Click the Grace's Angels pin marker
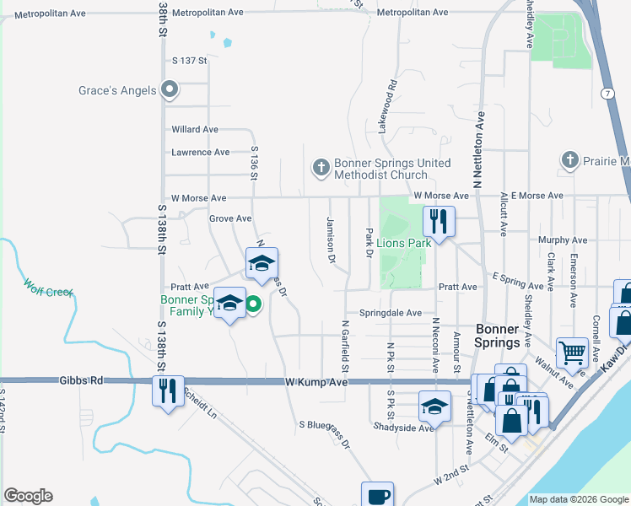[x=170, y=89]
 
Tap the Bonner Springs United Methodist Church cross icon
[x=321, y=169]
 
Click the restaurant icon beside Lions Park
[x=439, y=222]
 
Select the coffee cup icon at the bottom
[x=377, y=496]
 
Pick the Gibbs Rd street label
[x=81, y=381]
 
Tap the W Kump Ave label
[x=316, y=382]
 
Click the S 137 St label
[x=189, y=61]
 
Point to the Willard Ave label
[x=195, y=129]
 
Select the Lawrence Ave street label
[x=200, y=153]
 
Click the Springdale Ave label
[x=390, y=313]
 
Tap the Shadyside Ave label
[x=404, y=428]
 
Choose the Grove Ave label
[x=230, y=218]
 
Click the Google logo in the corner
[x=28, y=496]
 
